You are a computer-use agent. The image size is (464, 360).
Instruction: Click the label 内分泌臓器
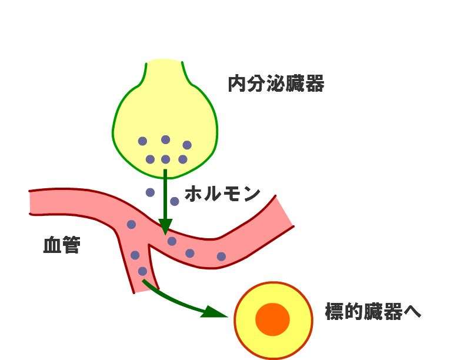pyautogui.click(x=276, y=84)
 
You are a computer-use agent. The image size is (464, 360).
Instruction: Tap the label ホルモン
pyautogui.click(x=222, y=194)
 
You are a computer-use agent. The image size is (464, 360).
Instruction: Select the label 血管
pyautogui.click(x=61, y=245)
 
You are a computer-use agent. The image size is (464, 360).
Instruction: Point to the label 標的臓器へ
pyautogui.click(x=373, y=312)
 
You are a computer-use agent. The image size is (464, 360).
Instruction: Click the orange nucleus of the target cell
pyautogui.click(x=272, y=319)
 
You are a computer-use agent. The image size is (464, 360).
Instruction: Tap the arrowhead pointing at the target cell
pyautogui.click(x=215, y=311)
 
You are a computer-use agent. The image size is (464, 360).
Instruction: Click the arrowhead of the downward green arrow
pyautogui.click(x=165, y=226)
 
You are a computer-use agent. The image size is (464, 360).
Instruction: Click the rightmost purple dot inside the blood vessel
pyautogui.click(x=221, y=256)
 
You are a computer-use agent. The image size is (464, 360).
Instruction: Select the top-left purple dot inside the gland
pyautogui.click(x=142, y=141)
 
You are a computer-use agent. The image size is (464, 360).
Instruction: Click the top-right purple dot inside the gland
pyautogui.click(x=187, y=145)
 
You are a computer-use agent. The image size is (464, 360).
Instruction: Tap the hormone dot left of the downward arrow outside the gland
pyautogui.click(x=150, y=192)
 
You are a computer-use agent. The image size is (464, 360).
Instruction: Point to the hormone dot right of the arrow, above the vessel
pyautogui.click(x=175, y=201)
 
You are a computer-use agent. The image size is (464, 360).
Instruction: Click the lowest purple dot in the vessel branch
pyautogui.click(x=142, y=271)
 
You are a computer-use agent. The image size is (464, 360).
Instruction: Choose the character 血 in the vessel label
pyautogui.click(x=52, y=245)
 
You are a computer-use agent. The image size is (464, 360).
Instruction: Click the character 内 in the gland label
pyautogui.click(x=236, y=84)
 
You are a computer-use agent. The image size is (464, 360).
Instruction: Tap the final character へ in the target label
pyautogui.click(x=413, y=312)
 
